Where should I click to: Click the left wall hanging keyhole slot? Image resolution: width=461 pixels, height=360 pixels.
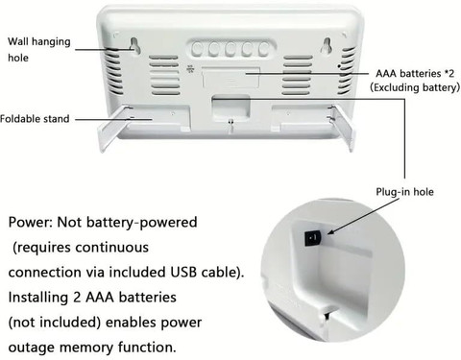coord(134,45)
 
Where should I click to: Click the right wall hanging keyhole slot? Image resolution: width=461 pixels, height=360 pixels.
coord(327,45)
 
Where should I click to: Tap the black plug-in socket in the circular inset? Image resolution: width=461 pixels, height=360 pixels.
coord(313,238)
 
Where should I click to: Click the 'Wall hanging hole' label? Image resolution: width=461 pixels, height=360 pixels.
coord(39,50)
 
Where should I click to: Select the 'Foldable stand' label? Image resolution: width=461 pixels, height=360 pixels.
coord(35,119)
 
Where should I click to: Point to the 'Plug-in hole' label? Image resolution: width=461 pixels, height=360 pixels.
coord(404,192)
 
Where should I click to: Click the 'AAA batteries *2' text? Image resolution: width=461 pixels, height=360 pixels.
coord(415,73)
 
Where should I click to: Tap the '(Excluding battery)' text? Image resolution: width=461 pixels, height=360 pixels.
coord(415,87)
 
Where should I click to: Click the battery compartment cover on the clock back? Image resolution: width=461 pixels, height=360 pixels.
coord(230,77)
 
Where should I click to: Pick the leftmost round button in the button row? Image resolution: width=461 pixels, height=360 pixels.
coord(197,49)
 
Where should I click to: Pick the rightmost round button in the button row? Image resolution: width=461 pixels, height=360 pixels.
coord(264,49)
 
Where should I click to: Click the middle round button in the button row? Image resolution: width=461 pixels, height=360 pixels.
coord(230,49)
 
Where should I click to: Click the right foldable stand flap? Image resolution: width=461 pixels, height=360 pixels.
coord(343,128)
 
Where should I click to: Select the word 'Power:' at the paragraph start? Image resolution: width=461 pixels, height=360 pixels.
coord(31,222)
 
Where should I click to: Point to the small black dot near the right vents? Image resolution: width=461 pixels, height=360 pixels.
coord(339,66)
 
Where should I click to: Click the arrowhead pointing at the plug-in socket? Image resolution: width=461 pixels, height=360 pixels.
coord(331,231)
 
